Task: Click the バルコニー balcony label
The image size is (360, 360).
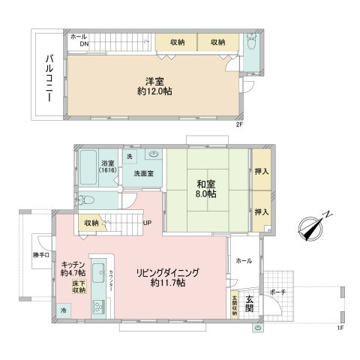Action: tap(47, 74)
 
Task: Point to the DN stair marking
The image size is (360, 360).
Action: tap(77, 43)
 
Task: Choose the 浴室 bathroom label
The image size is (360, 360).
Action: tap(107, 163)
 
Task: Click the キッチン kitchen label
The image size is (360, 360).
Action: tap(72, 265)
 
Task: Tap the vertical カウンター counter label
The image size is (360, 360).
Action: tap(111, 282)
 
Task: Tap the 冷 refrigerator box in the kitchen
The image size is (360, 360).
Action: tap(64, 310)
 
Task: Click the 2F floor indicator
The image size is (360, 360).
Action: tap(239, 124)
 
